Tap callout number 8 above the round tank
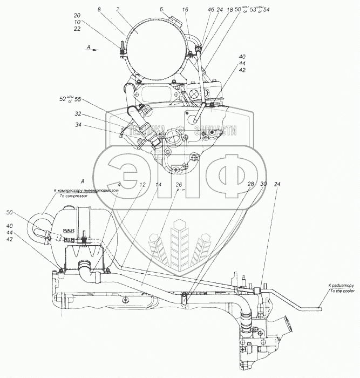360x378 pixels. click(x=99, y=9)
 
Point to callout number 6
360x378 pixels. click(x=161, y=9)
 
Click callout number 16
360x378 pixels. click(x=185, y=9)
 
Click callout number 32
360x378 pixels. click(x=78, y=114)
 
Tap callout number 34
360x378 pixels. click(x=78, y=126)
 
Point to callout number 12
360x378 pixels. click(x=142, y=185)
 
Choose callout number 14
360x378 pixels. click(x=158, y=185)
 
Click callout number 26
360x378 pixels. click(x=179, y=185)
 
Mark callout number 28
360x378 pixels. click(x=250, y=185)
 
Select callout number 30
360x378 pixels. click(x=263, y=185)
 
